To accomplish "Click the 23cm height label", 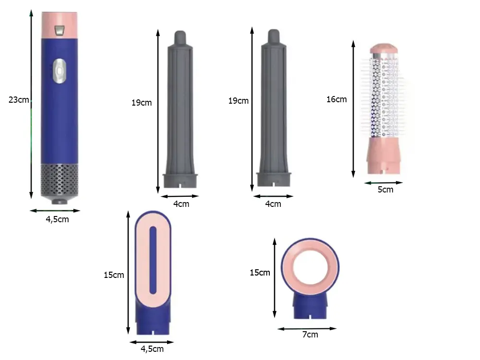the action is [x=19, y=100].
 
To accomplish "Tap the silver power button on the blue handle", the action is [x=60, y=71].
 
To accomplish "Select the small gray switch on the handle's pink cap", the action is [x=60, y=30].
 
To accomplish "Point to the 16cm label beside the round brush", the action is [x=336, y=99].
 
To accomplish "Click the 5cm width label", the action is [x=385, y=190].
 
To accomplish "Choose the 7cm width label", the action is [x=310, y=335].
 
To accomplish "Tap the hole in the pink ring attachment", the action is [x=310, y=266].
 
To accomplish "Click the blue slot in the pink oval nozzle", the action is [x=153, y=260].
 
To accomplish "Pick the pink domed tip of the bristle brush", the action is [x=384, y=48].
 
